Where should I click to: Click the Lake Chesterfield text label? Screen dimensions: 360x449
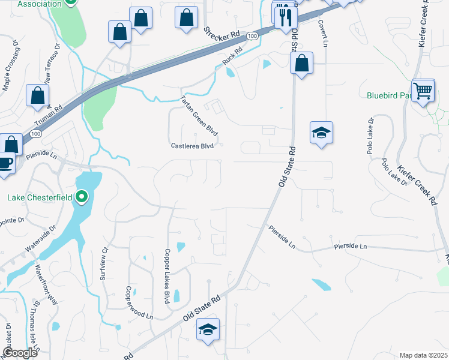point(40,197)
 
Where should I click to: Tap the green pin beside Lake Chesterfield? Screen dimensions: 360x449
point(82,196)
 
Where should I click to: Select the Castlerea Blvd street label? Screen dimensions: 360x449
point(193,146)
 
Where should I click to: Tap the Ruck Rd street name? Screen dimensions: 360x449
point(231,57)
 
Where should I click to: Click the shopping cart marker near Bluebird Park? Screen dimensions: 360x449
point(424,91)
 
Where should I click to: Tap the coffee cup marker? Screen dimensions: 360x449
point(5,163)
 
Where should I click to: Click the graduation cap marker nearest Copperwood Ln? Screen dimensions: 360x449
point(208,329)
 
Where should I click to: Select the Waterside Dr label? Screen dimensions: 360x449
point(40,238)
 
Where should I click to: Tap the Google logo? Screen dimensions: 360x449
point(20,352)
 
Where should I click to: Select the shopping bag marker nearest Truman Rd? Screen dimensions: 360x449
point(38,95)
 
